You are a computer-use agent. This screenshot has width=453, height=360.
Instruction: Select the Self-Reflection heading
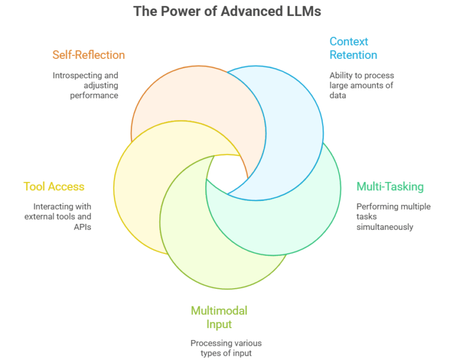pos(88,55)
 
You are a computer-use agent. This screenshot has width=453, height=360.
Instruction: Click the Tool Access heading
pos(54,186)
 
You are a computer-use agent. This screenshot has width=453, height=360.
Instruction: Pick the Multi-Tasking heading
pos(390,186)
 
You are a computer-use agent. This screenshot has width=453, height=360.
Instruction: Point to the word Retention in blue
pos(353,55)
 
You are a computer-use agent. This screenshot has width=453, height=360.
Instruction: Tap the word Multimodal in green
pos(219,311)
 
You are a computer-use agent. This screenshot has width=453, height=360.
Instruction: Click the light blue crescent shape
pos(289,124)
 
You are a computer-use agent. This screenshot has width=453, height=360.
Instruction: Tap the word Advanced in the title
pos(247,11)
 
